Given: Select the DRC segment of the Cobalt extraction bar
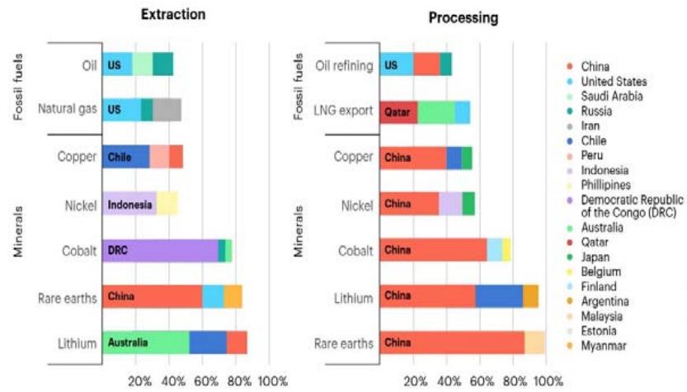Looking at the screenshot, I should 160,250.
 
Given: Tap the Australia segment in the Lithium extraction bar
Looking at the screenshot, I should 146,342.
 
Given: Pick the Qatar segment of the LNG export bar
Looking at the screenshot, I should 398,111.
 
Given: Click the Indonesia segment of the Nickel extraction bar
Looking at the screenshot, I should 129,203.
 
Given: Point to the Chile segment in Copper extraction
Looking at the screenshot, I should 126,156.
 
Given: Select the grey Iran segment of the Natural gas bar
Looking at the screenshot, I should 167,109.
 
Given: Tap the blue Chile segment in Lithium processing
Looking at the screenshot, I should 499,296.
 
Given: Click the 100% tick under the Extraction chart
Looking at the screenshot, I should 272,381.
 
